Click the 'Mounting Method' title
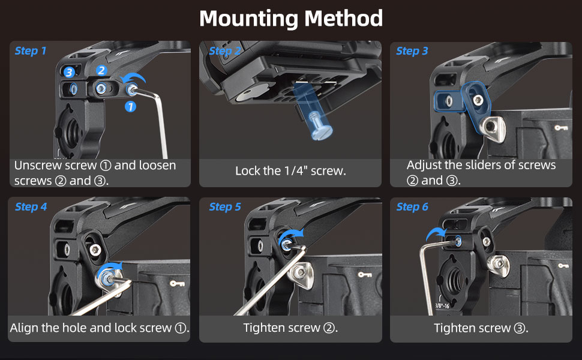[x=290, y=19]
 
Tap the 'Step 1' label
[x=31, y=51]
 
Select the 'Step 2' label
[x=225, y=51]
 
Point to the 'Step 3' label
[x=412, y=51]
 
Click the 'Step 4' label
[x=31, y=207]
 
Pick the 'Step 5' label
[x=225, y=207]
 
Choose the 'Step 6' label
[x=412, y=207]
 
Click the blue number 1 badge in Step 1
[x=130, y=107]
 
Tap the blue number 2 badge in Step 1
[x=101, y=70]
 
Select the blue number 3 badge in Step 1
[x=69, y=72]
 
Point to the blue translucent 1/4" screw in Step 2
[x=312, y=112]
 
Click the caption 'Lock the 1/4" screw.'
[x=290, y=171]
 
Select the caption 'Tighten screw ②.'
[x=290, y=328]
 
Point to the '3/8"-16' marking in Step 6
[x=442, y=305]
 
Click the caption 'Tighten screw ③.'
[x=481, y=328]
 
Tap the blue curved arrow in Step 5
[x=290, y=235]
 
